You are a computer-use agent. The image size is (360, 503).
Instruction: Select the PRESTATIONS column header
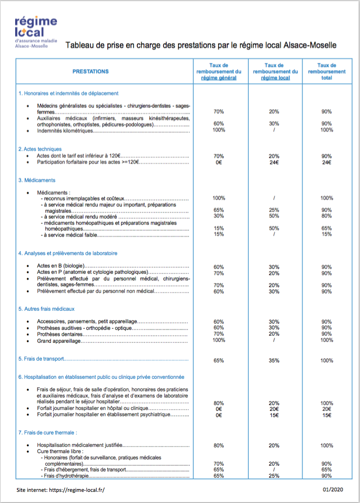coord(90,71)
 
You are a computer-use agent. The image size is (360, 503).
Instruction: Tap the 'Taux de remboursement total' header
coord(326,71)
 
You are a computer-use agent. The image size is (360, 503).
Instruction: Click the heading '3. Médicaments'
coord(37,180)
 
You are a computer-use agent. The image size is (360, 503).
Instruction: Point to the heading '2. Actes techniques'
coord(40,149)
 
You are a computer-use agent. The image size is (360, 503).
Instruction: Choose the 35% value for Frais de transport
coord(274,361)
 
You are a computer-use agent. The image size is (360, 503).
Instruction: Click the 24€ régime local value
coord(274,162)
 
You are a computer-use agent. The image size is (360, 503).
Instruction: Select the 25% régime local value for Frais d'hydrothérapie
coord(274,476)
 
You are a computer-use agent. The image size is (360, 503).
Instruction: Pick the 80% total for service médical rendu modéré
coord(326,216)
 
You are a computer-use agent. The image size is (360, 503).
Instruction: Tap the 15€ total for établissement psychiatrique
coord(326,415)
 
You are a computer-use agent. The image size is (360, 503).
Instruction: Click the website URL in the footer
coord(61,489)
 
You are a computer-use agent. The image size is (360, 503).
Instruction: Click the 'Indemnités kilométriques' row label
coord(65,131)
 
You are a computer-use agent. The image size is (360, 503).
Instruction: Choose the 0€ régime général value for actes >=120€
coord(218,162)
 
